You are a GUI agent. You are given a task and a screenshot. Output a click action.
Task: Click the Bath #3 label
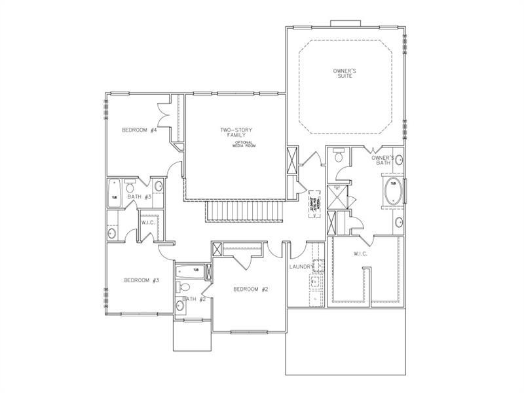140,196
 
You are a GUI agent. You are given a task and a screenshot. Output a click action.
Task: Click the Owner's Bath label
383,161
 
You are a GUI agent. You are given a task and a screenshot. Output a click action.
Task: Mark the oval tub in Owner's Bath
394,191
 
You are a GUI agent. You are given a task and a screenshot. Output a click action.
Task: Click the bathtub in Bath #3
114,195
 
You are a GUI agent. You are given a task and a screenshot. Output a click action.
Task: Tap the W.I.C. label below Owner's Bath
360,254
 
